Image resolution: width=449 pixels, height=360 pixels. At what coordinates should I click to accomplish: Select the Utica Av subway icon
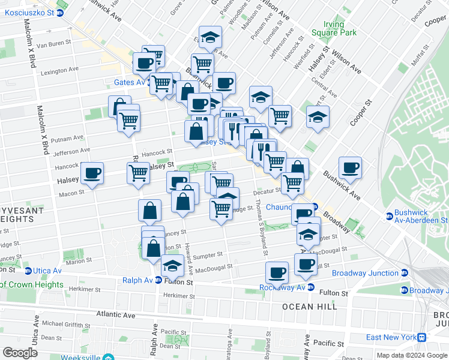click(x=27, y=271)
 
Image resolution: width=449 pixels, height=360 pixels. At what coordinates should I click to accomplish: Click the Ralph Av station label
click(x=137, y=280)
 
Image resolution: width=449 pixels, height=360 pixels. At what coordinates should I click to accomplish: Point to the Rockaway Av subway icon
click(x=310, y=287)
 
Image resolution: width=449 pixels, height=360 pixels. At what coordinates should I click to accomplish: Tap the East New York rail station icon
click(x=423, y=337)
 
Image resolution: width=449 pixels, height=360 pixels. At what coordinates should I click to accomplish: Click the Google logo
click(x=20, y=353)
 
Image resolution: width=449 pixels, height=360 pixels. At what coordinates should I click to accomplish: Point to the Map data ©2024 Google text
click(x=412, y=355)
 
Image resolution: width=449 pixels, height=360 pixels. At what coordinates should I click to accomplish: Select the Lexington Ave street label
click(x=59, y=70)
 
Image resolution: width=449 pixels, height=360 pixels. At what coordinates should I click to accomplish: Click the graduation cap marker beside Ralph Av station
click(x=172, y=264)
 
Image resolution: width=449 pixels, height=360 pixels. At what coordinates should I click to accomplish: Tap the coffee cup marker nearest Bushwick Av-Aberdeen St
click(x=350, y=168)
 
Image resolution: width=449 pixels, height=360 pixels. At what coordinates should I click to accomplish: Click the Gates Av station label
click(x=131, y=82)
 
